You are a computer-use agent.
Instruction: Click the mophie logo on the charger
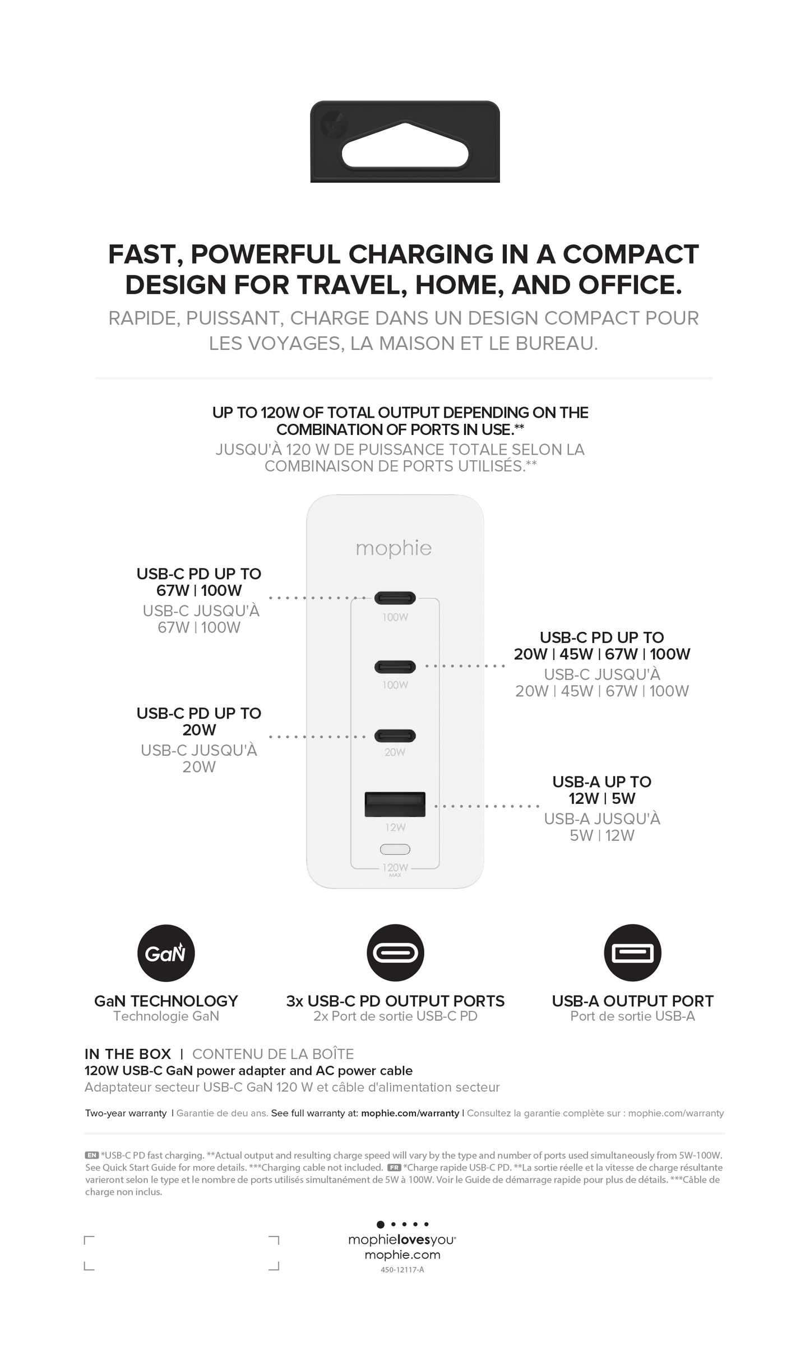pos(394,548)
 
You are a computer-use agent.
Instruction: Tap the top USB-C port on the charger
pos(395,598)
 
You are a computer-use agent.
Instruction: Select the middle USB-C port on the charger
pos(395,667)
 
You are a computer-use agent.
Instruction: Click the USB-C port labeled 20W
pos(395,736)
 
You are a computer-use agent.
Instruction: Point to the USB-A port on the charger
pos(395,804)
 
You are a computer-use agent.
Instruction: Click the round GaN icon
pos(166,953)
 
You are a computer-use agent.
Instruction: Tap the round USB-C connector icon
pos(395,953)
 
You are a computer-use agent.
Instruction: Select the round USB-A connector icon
pos(632,953)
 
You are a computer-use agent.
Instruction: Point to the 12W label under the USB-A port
pos(395,827)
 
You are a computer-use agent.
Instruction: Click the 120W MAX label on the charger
pos(395,869)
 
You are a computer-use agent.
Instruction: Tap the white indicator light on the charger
pos(395,849)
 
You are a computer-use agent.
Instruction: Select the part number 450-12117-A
pos(402,1270)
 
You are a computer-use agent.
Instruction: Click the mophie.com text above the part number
pos(402,1255)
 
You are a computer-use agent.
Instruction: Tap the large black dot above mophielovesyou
pos(381,1224)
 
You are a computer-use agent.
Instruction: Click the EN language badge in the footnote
pos(91,1155)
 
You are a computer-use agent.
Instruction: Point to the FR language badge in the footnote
pos(394,1167)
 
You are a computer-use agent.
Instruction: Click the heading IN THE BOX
pos(128,1054)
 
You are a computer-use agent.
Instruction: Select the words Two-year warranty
pos(126,1113)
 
